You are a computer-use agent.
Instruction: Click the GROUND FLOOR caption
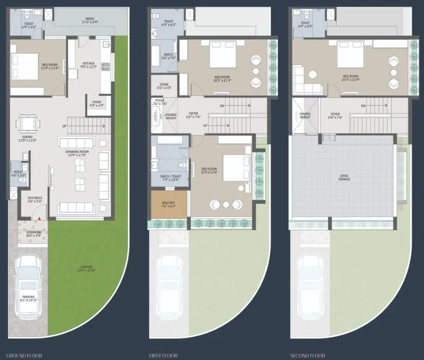click(x=20, y=355)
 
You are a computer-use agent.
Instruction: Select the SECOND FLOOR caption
click(x=307, y=355)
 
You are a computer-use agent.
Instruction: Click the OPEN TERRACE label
click(x=344, y=178)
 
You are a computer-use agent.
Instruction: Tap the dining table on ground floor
click(x=27, y=124)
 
